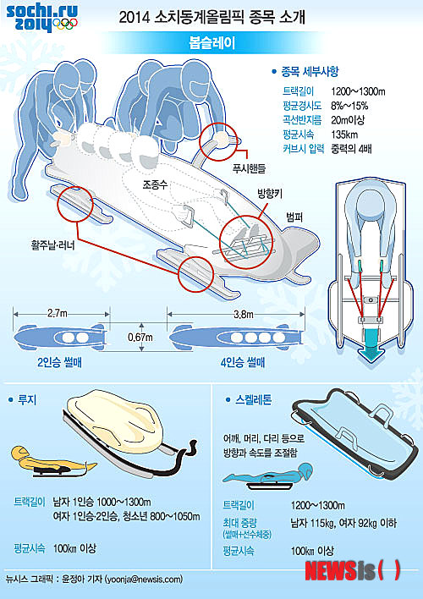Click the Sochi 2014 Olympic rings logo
coord(42,18)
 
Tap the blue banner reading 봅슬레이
coord(211,43)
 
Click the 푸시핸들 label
coord(249,168)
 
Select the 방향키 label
coord(269,195)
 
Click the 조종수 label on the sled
coord(155,185)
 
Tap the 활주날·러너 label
coord(52,245)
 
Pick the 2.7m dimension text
coord(58,314)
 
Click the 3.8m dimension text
coord(244,314)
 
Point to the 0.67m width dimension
coord(140,338)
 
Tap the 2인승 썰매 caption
coord(59,362)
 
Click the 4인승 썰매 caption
coord(243,362)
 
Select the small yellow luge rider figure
coord(54,461)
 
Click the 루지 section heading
coord(23,400)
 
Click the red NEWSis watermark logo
coord(353,571)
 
